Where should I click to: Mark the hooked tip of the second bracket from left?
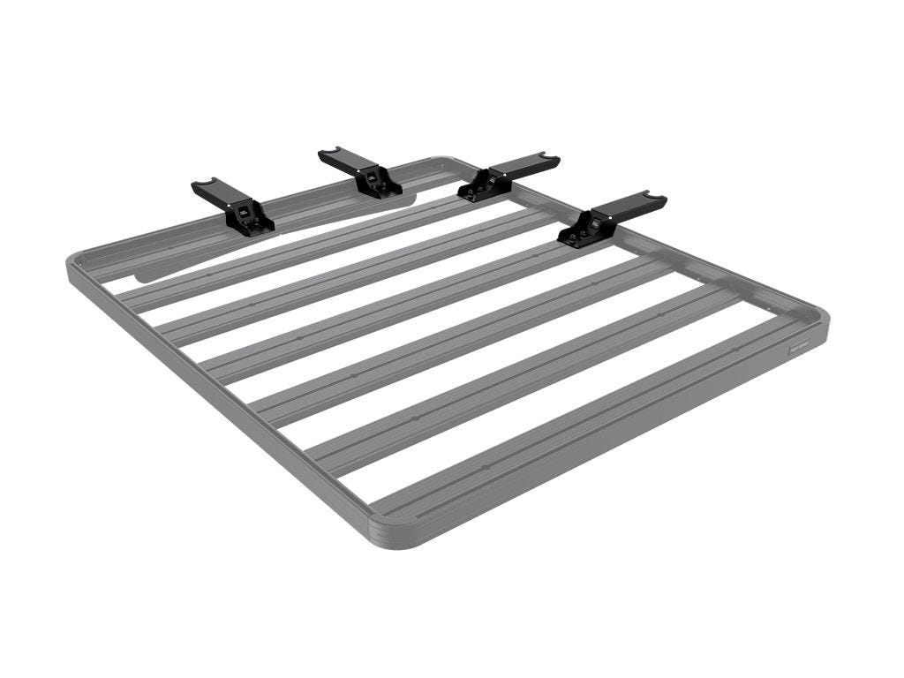(329, 154)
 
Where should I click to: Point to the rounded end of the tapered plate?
(141, 275)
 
